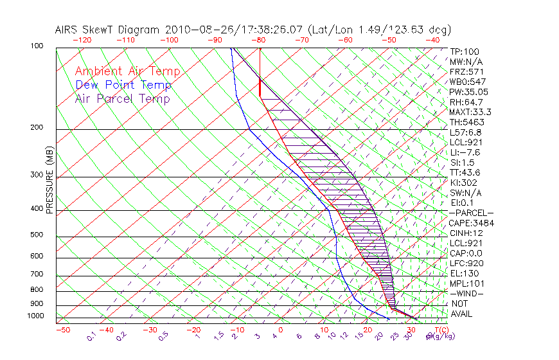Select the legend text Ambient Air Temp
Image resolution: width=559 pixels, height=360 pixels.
click(x=127, y=71)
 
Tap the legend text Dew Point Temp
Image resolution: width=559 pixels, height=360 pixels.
click(x=123, y=85)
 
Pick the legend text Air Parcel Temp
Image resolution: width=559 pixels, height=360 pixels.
click(x=122, y=98)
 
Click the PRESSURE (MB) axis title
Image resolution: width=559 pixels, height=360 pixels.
click(x=49, y=183)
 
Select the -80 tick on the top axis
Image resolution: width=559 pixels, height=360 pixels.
click(x=259, y=40)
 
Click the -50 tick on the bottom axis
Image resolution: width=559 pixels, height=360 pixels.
click(x=62, y=330)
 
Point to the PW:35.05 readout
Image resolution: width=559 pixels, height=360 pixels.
click(x=466, y=92)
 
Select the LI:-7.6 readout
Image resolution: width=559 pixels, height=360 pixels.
click(x=465, y=152)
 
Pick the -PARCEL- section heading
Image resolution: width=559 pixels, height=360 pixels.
click(x=471, y=213)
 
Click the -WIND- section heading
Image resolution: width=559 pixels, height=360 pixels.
click(x=466, y=293)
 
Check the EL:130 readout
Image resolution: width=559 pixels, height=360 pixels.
click(x=463, y=273)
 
